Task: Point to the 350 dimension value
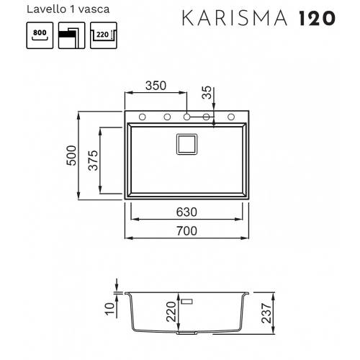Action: coord(154,85)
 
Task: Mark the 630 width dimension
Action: coord(186,213)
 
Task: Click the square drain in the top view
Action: coord(186,143)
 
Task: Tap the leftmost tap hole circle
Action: coord(142,117)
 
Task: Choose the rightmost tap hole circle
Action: coord(232,117)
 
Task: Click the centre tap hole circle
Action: coord(186,117)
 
